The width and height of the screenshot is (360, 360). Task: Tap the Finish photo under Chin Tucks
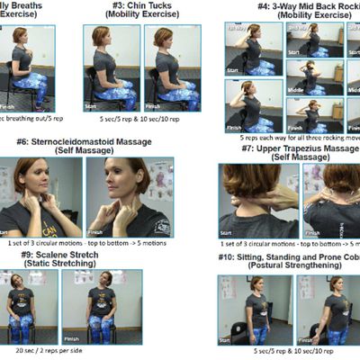(x=173, y=67)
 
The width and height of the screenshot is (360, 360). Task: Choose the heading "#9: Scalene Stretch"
(x=58, y=255)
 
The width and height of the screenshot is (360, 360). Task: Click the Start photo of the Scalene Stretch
(x=28, y=306)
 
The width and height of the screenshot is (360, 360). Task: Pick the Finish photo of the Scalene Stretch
(x=90, y=306)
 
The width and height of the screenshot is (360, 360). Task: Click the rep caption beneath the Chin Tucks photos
(x=142, y=117)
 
